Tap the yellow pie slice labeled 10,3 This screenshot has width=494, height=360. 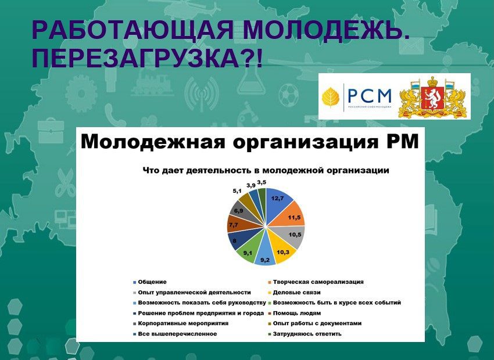tap(282, 249)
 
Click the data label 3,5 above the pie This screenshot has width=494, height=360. tap(262, 182)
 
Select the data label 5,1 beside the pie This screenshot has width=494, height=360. tap(237, 190)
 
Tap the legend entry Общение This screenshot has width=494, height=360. tap(150, 282)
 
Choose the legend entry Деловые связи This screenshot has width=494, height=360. tap(294, 292)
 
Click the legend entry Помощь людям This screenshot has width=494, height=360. tap(294, 313)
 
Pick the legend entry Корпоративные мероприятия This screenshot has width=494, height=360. tap(181, 323)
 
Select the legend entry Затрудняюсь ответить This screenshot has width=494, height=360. tap(305, 334)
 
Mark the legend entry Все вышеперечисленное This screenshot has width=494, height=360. tap(175, 334)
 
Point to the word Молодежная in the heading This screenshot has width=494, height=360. tap(153, 142)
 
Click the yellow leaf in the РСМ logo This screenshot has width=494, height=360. tap(331, 97)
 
